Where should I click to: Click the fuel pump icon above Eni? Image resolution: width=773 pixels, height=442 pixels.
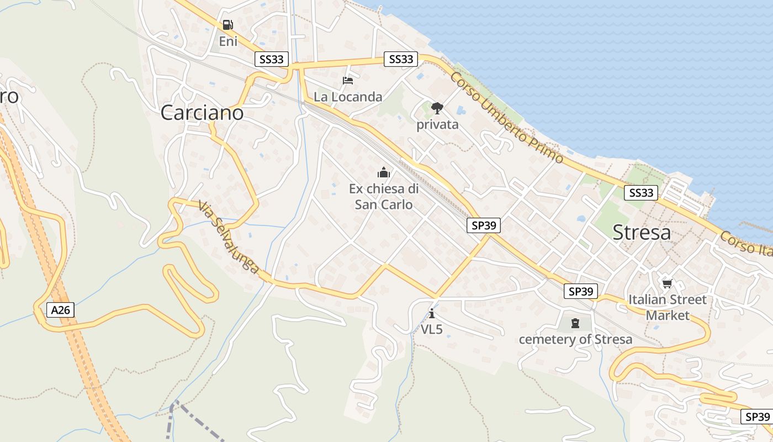tap(227, 25)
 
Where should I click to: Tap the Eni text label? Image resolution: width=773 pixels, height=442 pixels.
tap(227, 41)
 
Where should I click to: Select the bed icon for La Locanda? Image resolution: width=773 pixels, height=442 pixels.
tap(348, 81)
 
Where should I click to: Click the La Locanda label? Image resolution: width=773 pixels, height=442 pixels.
tap(348, 97)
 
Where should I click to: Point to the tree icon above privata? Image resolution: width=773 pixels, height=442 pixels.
tap(437, 107)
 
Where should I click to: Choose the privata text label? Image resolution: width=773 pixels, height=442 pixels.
tap(437, 124)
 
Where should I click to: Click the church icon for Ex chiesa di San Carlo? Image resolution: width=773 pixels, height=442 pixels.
tap(384, 172)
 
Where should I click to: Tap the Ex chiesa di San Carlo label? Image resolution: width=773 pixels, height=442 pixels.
tap(384, 196)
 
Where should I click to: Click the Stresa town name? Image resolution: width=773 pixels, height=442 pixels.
tap(642, 233)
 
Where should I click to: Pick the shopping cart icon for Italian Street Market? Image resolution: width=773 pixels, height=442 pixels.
tap(668, 283)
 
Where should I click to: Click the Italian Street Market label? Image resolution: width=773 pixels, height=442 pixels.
tap(668, 307)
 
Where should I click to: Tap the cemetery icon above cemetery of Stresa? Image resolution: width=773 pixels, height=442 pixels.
tap(575, 323)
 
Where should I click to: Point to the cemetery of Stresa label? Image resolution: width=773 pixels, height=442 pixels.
tap(575, 339)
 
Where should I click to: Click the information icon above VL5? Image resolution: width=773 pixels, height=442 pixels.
tap(432, 313)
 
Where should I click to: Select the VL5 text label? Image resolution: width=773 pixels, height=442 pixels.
tap(432, 329)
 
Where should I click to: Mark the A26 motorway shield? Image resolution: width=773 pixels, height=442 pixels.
tap(60, 310)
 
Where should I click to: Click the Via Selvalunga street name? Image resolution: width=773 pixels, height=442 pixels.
tap(229, 238)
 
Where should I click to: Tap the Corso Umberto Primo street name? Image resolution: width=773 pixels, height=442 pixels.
tap(506, 118)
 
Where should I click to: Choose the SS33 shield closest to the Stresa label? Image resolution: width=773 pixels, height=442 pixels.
tap(641, 193)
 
